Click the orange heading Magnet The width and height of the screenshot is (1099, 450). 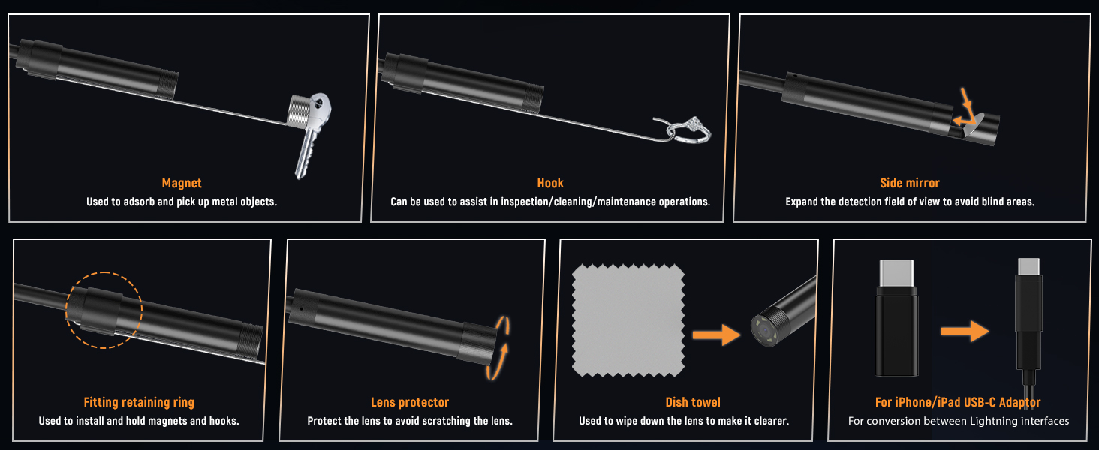coord(182,183)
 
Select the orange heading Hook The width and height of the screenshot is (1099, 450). coord(550,183)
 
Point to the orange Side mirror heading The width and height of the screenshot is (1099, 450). coord(909,183)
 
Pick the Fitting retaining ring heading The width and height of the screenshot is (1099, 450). coord(139,402)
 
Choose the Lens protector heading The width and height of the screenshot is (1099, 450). coord(410,402)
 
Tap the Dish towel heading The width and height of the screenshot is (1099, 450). coord(693,402)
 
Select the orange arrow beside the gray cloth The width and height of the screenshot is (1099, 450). coord(715,334)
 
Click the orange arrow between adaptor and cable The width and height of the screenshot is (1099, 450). coord(965,330)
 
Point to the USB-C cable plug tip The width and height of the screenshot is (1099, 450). coord(1028,267)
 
